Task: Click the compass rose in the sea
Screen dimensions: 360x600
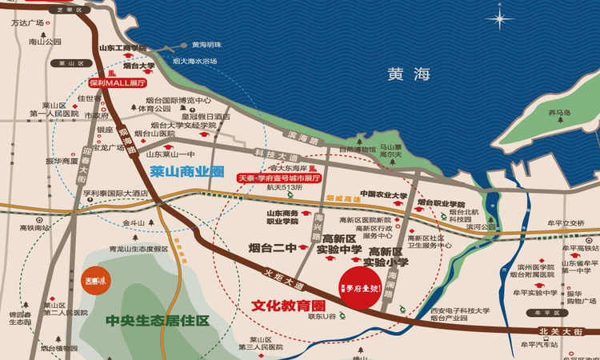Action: click(502, 18)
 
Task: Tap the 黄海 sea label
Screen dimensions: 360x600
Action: click(409, 74)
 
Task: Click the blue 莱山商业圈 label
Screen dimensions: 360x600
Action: click(186, 170)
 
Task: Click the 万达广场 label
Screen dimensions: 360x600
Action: click(27, 23)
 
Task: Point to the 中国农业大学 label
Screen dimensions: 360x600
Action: click(384, 194)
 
